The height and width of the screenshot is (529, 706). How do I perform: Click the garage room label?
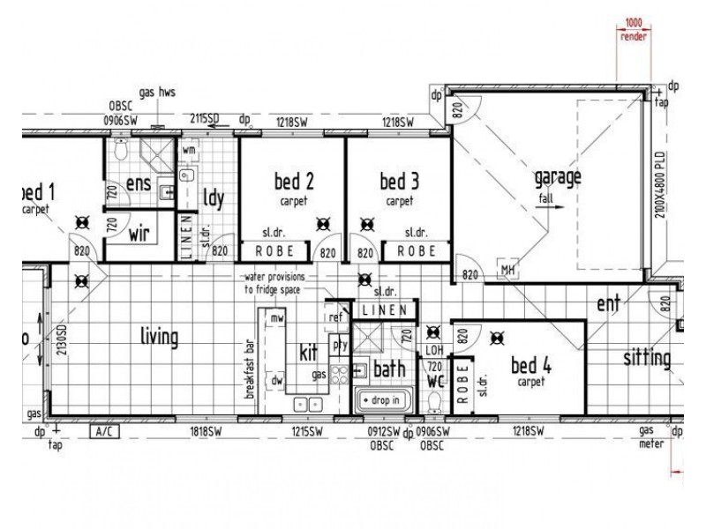coord(558,177)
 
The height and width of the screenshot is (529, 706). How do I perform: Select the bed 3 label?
coord(399,183)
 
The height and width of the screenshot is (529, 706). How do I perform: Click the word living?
coord(159,337)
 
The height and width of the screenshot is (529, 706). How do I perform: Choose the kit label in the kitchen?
coord(308,354)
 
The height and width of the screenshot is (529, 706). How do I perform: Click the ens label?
coord(139,183)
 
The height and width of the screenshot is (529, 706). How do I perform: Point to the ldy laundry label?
coord(214,197)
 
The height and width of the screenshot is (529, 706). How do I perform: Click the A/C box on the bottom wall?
coord(105,432)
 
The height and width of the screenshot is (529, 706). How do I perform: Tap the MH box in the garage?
coord(507,270)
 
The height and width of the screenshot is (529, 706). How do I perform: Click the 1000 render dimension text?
coord(633,30)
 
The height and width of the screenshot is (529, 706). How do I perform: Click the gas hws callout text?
coord(155,92)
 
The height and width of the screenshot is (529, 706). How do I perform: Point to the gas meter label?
coord(651,437)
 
